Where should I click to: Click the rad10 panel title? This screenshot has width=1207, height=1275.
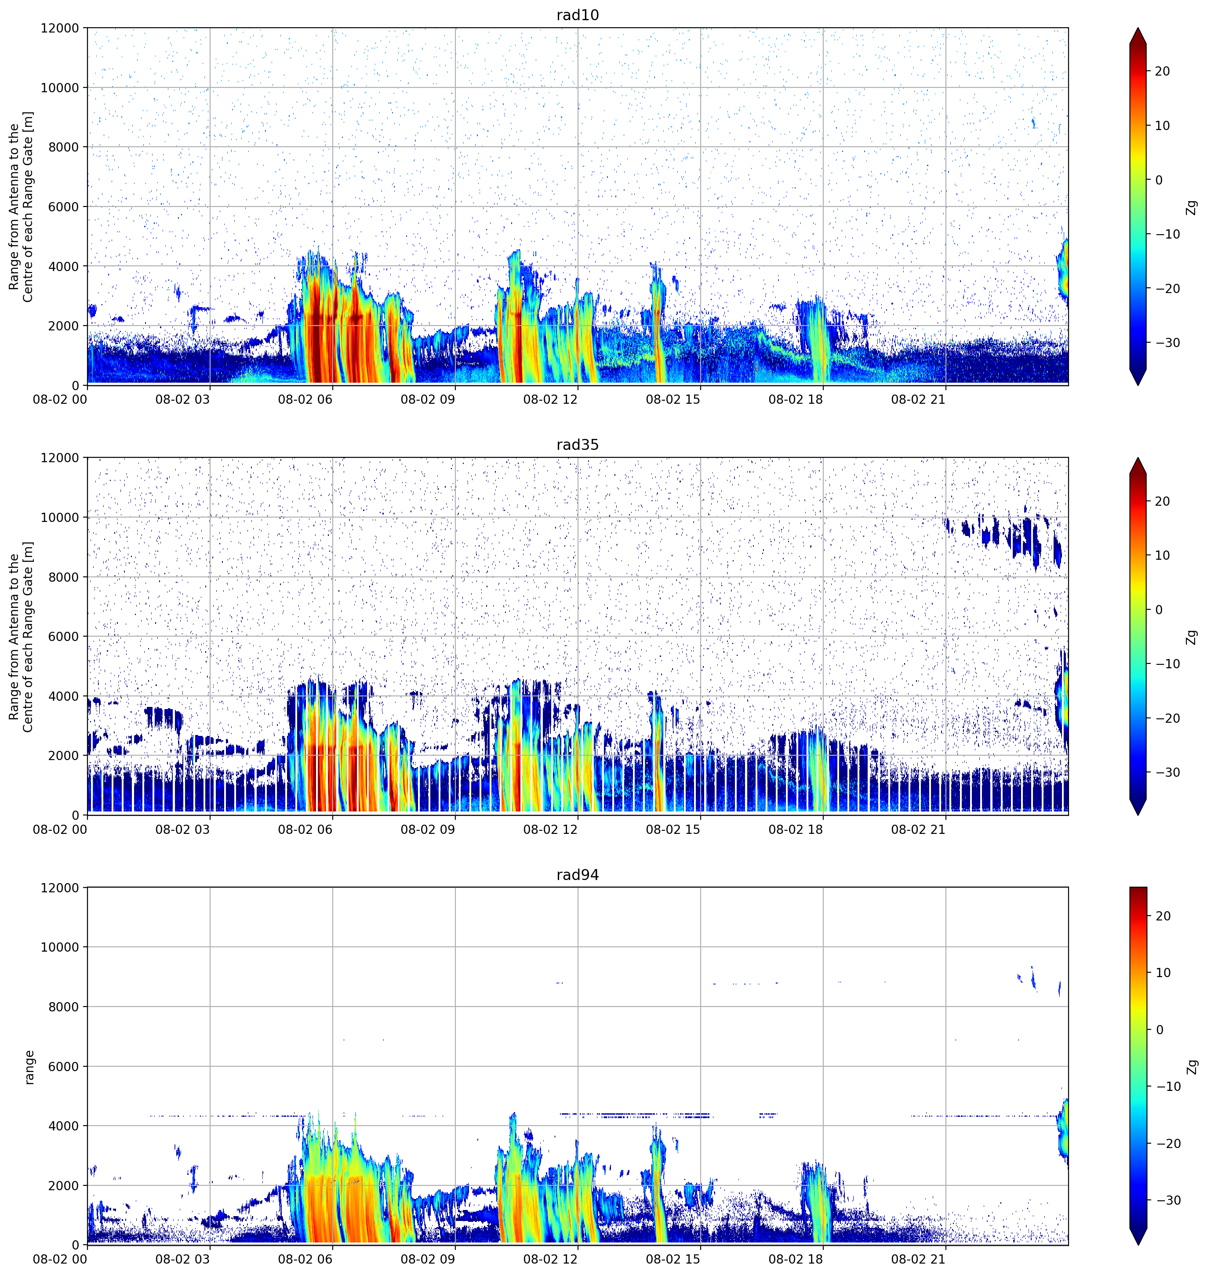click(x=577, y=15)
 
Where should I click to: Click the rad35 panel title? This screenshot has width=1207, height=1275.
click(x=577, y=445)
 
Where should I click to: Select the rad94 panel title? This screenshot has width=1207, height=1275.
click(x=577, y=875)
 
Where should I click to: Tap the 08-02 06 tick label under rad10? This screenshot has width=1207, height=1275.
click(x=305, y=399)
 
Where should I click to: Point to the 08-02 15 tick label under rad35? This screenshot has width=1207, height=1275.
click(x=673, y=829)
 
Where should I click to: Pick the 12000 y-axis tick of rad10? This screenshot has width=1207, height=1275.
click(x=60, y=28)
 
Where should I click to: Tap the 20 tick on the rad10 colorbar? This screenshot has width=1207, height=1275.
click(x=1163, y=71)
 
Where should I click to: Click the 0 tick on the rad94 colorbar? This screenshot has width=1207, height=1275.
click(x=1160, y=1030)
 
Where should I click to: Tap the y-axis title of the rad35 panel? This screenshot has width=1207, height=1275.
click(x=21, y=637)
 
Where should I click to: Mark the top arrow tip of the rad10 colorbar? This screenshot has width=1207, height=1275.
click(x=1138, y=28)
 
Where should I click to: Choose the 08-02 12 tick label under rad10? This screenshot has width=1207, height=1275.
click(x=550, y=399)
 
